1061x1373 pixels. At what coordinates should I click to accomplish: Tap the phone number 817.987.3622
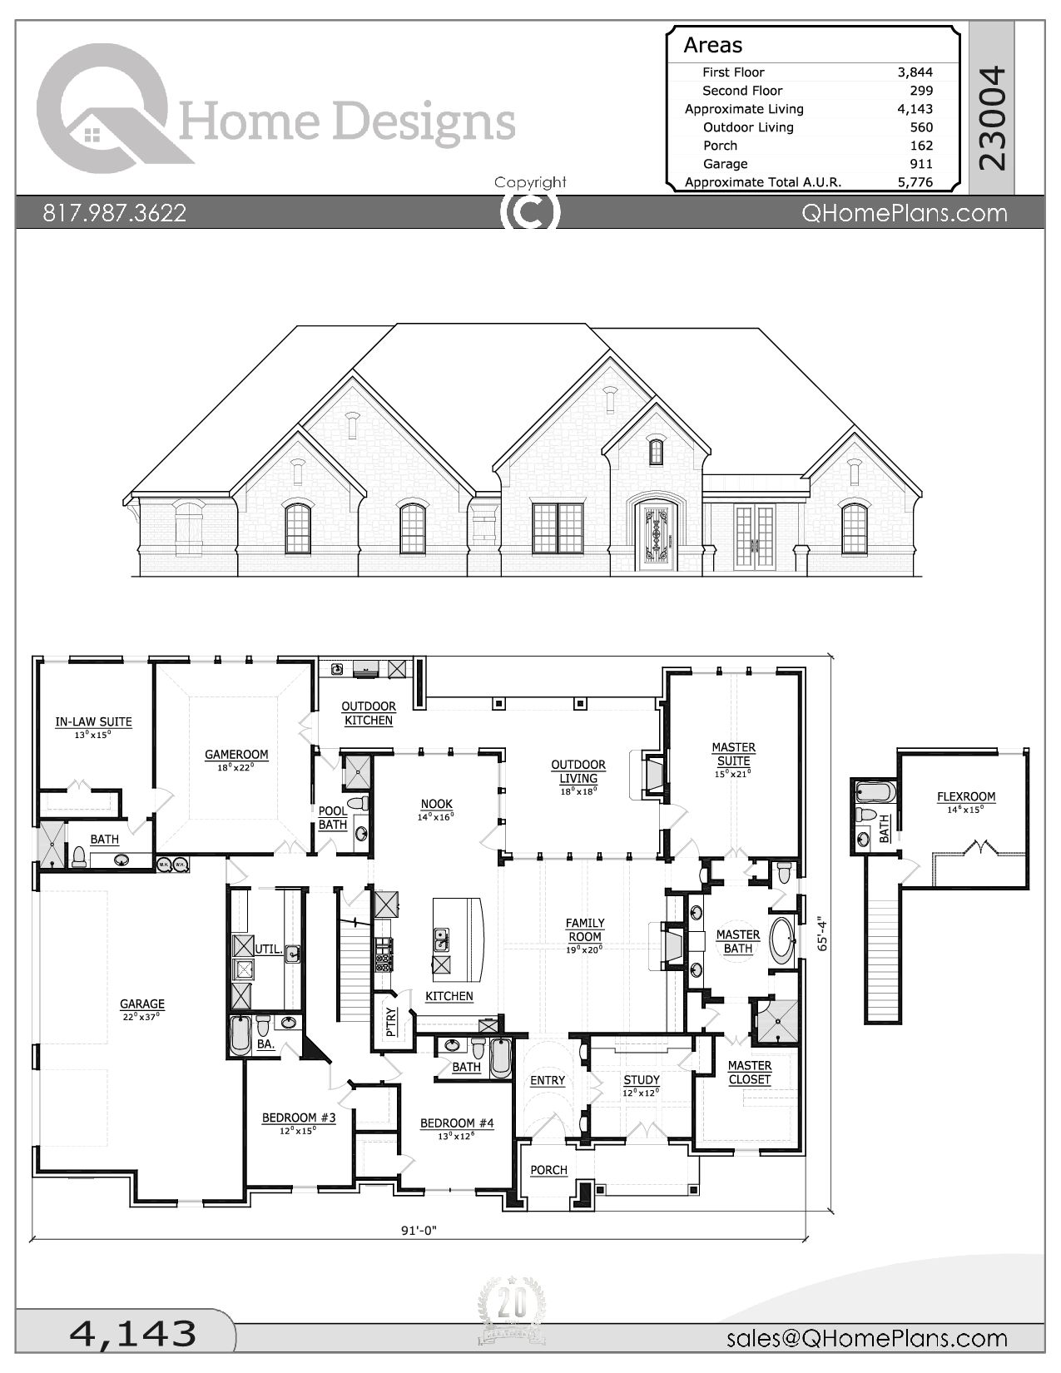point(115,213)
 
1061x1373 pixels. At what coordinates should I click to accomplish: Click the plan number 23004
point(992,118)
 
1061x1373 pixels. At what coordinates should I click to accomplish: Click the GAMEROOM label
point(236,756)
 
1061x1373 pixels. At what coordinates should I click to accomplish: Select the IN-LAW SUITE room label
point(93,722)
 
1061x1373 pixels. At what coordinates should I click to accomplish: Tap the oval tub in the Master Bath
point(782,941)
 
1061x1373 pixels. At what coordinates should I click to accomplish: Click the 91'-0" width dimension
point(419,1231)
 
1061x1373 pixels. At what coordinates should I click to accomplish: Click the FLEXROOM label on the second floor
point(965,797)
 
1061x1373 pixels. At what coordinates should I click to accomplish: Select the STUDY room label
point(641,1080)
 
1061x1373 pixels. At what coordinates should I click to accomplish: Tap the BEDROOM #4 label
point(457,1123)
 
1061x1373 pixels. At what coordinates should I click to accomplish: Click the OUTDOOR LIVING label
point(578,771)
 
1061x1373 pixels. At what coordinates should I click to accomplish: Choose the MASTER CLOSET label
point(749,1073)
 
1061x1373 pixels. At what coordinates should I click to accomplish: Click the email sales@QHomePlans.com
point(866,1338)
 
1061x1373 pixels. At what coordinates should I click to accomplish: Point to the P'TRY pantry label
point(391,1021)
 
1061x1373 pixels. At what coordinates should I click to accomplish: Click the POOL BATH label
point(333,817)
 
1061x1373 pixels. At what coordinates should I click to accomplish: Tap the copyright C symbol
point(530,212)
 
